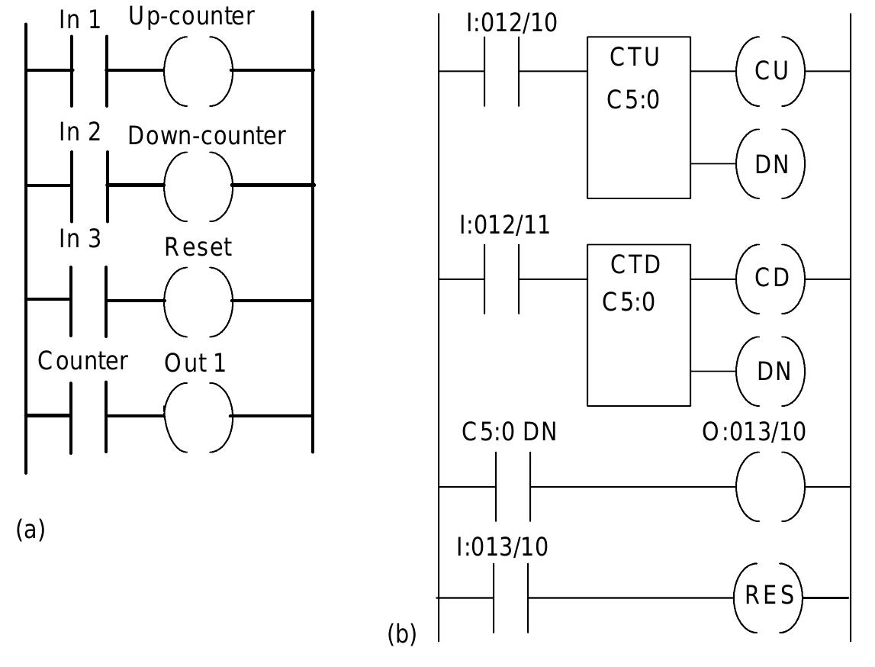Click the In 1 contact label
pyautogui.click(x=80, y=21)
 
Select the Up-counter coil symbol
pyautogui.click(x=198, y=70)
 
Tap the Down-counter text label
pyautogui.click(x=207, y=136)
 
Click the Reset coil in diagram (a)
pyautogui.click(x=198, y=301)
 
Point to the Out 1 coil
pyautogui.click(x=198, y=416)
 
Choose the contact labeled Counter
pyautogui.click(x=89, y=416)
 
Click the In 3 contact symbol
pyautogui.click(x=89, y=301)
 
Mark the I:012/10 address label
pyautogui.click(x=511, y=24)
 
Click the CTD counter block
pyautogui.click(x=639, y=325)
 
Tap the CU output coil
pyautogui.click(x=770, y=71)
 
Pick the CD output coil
pyautogui.click(x=770, y=279)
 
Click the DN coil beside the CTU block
pyautogui.click(x=770, y=164)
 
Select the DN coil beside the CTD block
pyautogui.click(x=770, y=372)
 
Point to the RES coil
pyautogui.click(x=769, y=597)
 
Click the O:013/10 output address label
pyautogui.click(x=754, y=432)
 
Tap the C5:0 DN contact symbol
pyautogui.click(x=513, y=486)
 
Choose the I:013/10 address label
pyautogui.click(x=502, y=547)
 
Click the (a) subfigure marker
pyautogui.click(x=31, y=529)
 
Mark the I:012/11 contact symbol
pyautogui.click(x=502, y=279)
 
